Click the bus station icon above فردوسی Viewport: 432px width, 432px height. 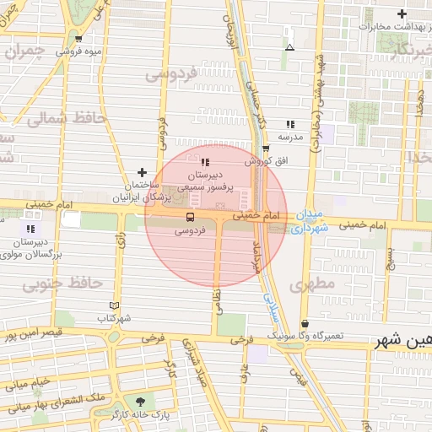[x=189, y=217]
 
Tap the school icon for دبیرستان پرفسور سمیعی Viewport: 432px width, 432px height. [x=206, y=162]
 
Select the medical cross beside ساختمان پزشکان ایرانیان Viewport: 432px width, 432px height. [x=141, y=172]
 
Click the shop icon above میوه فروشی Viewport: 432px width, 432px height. [x=78, y=38]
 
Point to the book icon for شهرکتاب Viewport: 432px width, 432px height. [x=115, y=305]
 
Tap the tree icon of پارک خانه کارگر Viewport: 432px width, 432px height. [x=140, y=402]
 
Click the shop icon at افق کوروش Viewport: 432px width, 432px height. [x=267, y=148]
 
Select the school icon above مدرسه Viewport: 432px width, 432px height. [x=290, y=123]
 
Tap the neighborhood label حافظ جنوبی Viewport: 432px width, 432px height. [x=62, y=283]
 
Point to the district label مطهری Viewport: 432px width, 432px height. [x=313, y=284]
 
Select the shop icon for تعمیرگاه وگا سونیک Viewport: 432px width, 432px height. [x=305, y=323]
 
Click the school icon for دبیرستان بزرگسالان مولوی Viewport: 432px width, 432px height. [x=31, y=229]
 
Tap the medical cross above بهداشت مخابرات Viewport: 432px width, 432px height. [x=402, y=13]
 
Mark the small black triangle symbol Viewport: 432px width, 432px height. [x=289, y=47]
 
